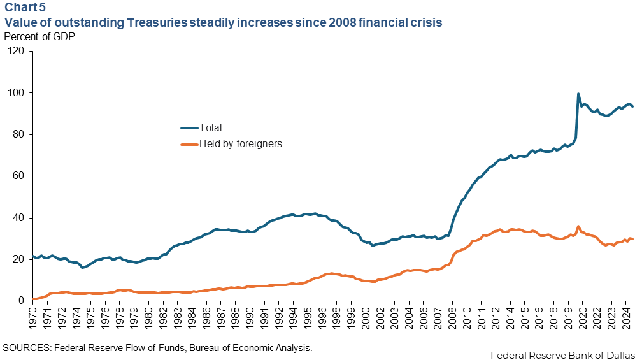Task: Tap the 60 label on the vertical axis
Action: pyautogui.click(x=20, y=176)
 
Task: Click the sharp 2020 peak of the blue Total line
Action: pyautogui.click(x=578, y=94)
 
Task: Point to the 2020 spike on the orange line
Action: pyautogui.click(x=578, y=226)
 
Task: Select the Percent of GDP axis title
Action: pyautogui.click(x=39, y=36)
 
